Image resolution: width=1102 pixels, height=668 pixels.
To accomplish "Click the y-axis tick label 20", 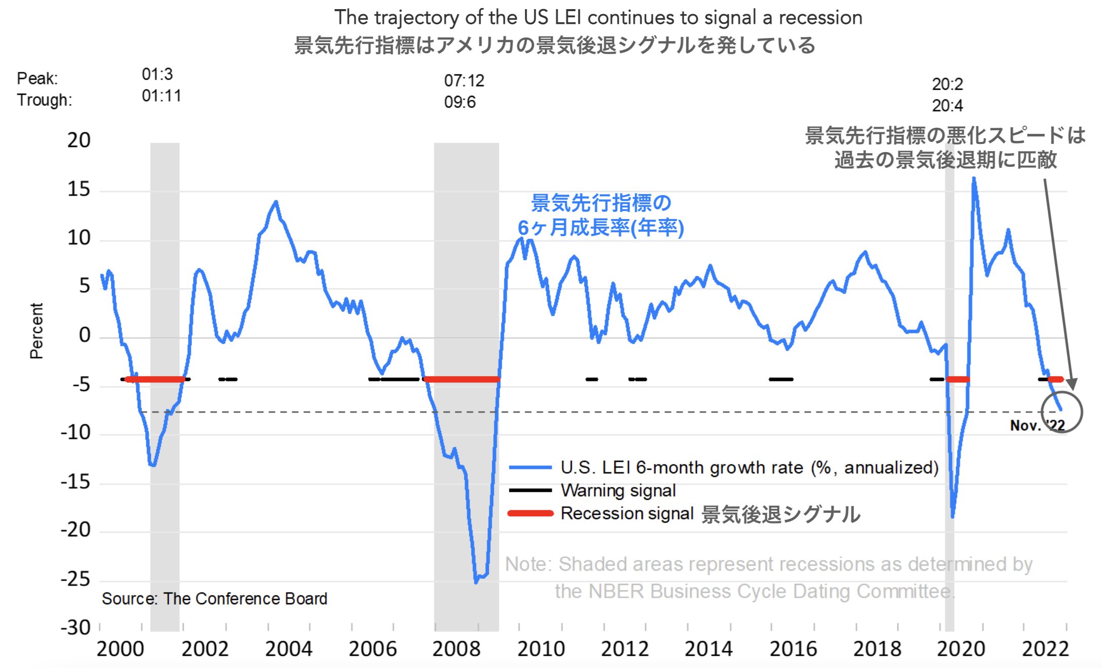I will [79, 140].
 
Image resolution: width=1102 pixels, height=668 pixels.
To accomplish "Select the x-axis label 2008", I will [456, 649].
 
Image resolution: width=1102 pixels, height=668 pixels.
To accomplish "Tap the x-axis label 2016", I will [793, 649].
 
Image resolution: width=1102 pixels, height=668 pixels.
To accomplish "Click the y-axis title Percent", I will [36, 330].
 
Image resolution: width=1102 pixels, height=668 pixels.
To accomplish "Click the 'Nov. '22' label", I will [1037, 425].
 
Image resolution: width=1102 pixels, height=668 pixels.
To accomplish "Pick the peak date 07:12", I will [464, 81].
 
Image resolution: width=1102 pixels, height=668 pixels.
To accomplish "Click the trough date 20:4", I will [947, 105].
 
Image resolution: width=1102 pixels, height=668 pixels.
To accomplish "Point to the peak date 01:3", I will [157, 75].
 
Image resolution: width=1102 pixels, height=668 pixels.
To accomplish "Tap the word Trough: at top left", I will [45, 100].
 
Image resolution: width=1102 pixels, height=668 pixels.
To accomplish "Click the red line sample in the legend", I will [530, 513].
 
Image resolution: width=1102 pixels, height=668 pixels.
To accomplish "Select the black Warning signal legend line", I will [530, 490].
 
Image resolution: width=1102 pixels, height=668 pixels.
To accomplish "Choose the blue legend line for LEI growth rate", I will [530, 467].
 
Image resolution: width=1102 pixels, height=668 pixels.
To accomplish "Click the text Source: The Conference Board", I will [214, 599].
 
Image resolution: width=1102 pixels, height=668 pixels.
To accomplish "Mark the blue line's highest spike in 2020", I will [973, 178].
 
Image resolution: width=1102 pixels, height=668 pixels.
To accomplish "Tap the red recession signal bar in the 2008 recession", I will [461, 379].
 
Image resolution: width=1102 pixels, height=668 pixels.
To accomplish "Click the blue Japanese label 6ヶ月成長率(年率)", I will [601, 228].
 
